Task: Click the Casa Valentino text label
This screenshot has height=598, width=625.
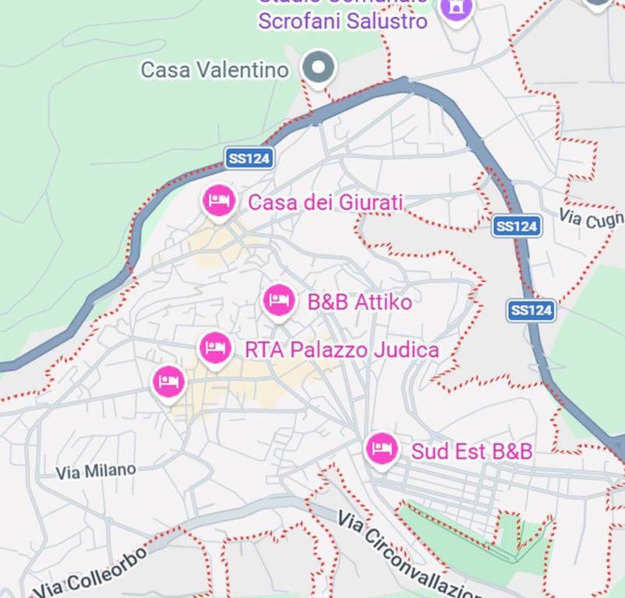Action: coord(214,70)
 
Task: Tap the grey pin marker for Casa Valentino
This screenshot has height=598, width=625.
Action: coord(318,67)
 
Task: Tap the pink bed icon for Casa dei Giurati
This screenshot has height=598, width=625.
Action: coord(219,202)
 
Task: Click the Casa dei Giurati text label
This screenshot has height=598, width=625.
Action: coord(325,203)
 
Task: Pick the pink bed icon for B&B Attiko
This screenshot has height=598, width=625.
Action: coord(279,300)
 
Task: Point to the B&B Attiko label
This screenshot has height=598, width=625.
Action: coord(359,302)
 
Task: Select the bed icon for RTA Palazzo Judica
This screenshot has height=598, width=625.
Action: coord(215,347)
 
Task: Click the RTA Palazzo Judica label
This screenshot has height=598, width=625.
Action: coord(341,350)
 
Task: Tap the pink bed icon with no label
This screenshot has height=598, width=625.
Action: coord(168,382)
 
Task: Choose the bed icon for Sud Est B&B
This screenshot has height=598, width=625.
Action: coord(381,448)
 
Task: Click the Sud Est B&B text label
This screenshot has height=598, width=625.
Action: coord(471,452)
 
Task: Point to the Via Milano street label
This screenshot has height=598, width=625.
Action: coord(96,471)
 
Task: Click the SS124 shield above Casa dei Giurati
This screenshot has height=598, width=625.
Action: coord(249,159)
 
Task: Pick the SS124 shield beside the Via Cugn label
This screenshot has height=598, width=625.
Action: coord(516,227)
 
